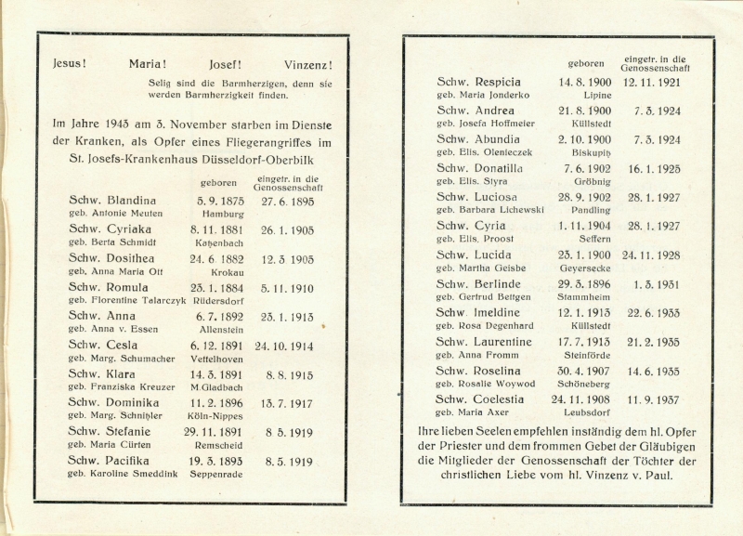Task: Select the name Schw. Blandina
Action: [x=112, y=200]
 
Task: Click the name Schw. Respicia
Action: [x=479, y=82]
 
